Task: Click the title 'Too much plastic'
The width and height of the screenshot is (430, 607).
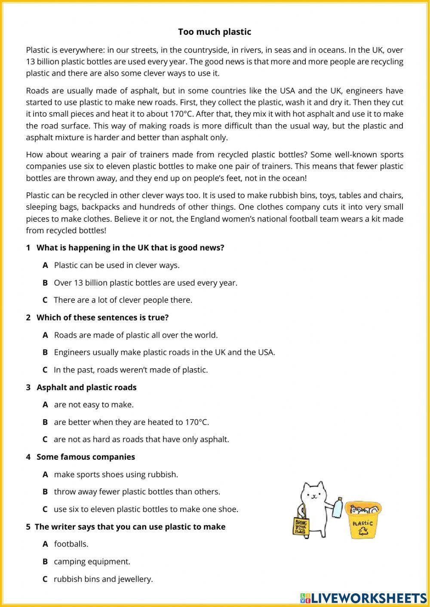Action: point(215,32)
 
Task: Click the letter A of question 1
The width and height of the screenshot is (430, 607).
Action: point(45,265)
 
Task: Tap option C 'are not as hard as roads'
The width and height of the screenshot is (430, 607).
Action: point(141,439)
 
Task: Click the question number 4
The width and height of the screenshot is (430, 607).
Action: point(28,457)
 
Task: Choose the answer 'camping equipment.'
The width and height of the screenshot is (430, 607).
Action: point(92,561)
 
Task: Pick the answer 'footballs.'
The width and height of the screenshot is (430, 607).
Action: point(71,544)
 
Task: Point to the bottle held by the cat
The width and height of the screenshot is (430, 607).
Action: point(338,509)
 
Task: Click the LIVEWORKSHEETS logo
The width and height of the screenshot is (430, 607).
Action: point(363,598)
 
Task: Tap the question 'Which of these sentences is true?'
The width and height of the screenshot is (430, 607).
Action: point(102,318)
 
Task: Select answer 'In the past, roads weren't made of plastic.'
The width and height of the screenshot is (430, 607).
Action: point(130,370)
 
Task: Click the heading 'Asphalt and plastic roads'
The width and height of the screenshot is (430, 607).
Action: point(86,387)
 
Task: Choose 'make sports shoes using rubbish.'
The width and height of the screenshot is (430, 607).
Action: point(116,475)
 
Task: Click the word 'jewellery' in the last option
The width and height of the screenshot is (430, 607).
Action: point(134,579)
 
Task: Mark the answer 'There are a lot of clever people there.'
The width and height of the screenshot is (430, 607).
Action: point(123,300)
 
